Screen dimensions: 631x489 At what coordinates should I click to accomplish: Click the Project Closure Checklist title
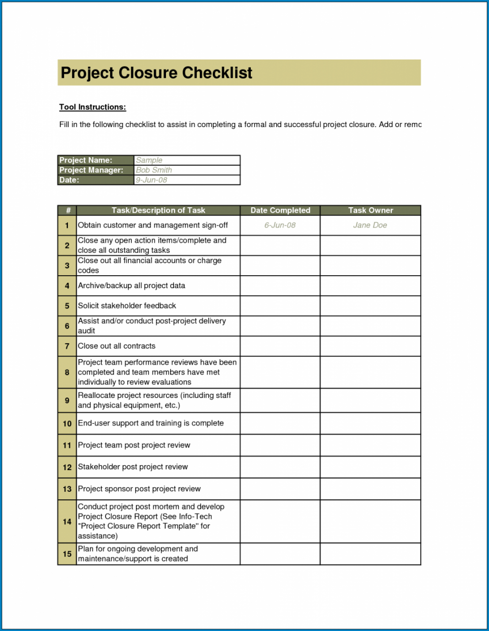pyautogui.click(x=157, y=73)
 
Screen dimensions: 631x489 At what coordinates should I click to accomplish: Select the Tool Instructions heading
pyautogui.click(x=92, y=107)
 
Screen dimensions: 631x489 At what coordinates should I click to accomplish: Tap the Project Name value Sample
pyautogui.click(x=149, y=160)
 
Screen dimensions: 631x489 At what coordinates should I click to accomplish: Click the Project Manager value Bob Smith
pyautogui.click(x=154, y=170)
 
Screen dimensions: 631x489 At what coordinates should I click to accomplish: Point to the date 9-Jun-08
pyautogui.click(x=151, y=180)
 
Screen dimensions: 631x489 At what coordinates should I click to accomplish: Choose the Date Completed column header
pyautogui.click(x=280, y=210)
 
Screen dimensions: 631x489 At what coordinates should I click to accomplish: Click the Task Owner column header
pyautogui.click(x=370, y=210)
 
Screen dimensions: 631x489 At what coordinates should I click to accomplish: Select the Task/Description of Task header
pyautogui.click(x=158, y=210)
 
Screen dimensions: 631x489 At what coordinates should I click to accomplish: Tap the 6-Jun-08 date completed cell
pyautogui.click(x=280, y=225)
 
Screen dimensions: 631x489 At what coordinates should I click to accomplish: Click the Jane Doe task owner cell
pyautogui.click(x=370, y=225)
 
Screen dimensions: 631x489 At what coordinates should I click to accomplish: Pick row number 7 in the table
pyautogui.click(x=67, y=346)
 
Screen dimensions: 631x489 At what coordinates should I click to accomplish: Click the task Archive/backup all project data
pyautogui.click(x=131, y=285)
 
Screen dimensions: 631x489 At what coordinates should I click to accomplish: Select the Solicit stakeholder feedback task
pyautogui.click(x=127, y=306)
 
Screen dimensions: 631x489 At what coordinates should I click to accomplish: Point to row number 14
pyautogui.click(x=67, y=522)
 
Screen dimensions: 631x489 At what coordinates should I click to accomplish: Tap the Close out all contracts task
pyautogui.click(x=117, y=346)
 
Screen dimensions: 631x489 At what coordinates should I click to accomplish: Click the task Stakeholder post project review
pyautogui.click(x=133, y=467)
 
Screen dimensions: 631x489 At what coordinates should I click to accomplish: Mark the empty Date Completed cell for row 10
pyautogui.click(x=280, y=423)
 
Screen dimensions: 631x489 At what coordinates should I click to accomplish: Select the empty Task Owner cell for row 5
pyautogui.click(x=370, y=306)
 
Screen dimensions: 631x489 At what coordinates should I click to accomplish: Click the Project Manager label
pyautogui.click(x=91, y=170)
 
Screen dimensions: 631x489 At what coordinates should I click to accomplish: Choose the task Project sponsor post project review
pyautogui.click(x=139, y=489)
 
